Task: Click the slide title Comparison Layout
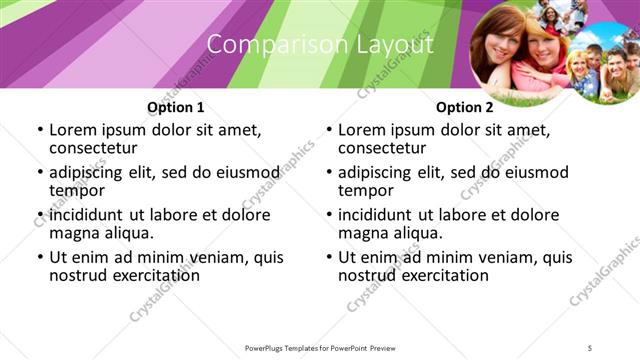[x=320, y=45]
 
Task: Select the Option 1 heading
[x=176, y=107]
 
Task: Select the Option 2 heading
[x=464, y=107]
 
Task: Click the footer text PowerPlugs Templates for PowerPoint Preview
[x=320, y=347]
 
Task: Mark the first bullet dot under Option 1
[x=40, y=131]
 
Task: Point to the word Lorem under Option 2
[x=361, y=130]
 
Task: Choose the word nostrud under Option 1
[x=78, y=275]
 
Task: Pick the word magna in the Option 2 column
[x=361, y=233]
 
